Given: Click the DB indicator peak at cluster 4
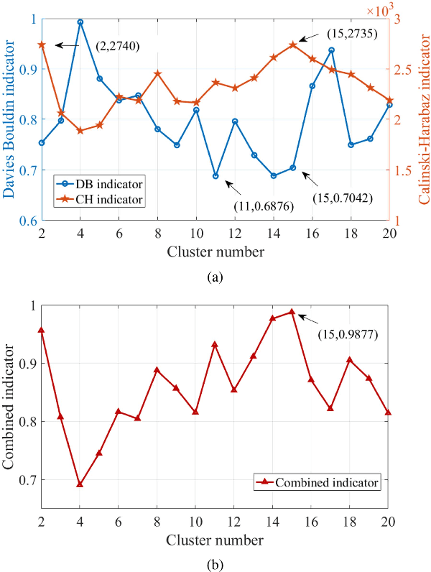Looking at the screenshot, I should [x=80, y=22].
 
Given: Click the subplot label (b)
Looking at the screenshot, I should [x=215, y=564].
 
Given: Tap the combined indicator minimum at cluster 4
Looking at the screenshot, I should [x=80, y=484].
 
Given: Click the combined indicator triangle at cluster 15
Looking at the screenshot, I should [x=292, y=312].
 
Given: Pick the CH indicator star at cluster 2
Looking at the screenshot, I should [x=42, y=45].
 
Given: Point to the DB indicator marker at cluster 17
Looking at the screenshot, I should [x=331, y=50].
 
